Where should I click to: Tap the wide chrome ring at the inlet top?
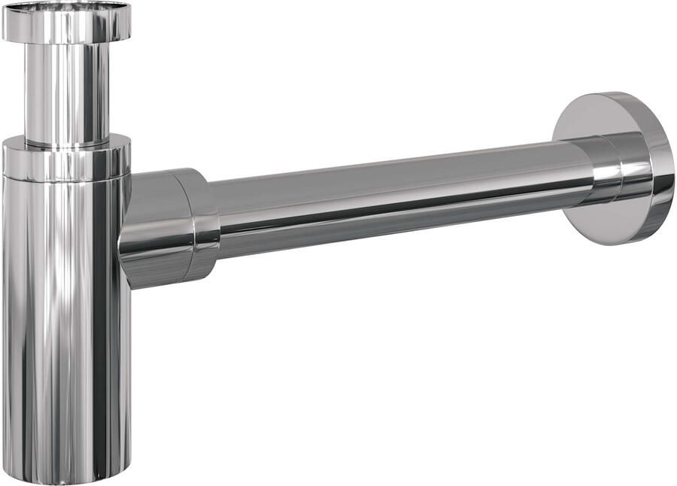(x=66, y=29)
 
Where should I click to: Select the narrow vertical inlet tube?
(x=66, y=90)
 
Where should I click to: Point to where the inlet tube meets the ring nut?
(x=66, y=141)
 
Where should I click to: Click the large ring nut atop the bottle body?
(x=66, y=162)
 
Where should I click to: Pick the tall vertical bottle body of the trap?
(x=66, y=323)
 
